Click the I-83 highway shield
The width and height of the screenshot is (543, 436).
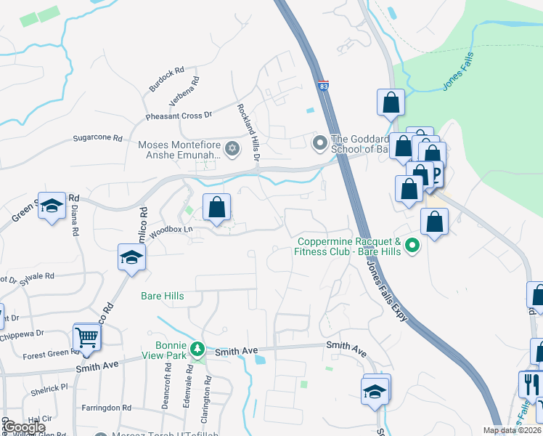click(322, 86)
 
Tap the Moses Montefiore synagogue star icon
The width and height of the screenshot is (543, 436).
click(232, 149)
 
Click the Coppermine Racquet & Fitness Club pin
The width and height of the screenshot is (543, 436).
click(412, 246)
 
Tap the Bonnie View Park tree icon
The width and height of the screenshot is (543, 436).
click(196, 350)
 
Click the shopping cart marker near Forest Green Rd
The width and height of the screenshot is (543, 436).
click(86, 338)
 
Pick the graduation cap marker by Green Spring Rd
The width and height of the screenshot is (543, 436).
click(52, 207)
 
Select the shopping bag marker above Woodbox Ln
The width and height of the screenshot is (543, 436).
click(216, 208)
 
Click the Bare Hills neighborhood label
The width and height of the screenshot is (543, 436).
click(162, 296)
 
